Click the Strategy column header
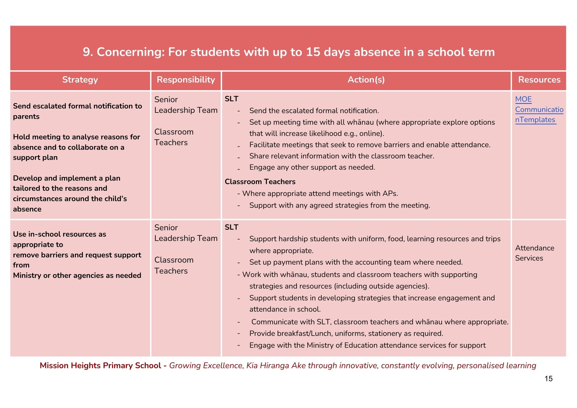pos(80,80)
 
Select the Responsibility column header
pos(186,80)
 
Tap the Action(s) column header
pos(366,80)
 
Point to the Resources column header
pos(539,80)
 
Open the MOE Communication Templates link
pos(539,110)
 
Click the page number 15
pos(548,379)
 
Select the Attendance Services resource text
pos(534,253)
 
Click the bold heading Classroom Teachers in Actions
pos(260,182)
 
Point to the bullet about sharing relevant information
pos(342,156)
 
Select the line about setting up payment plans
pos(356,262)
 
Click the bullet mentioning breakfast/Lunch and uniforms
pos(346,334)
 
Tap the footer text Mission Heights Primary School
pos(100,366)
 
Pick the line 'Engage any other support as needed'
pos(312,167)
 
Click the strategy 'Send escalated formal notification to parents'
pos(77,111)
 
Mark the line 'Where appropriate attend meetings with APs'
pos(320,194)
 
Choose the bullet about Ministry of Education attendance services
pos(367,345)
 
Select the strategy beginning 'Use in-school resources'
pos(77,254)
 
